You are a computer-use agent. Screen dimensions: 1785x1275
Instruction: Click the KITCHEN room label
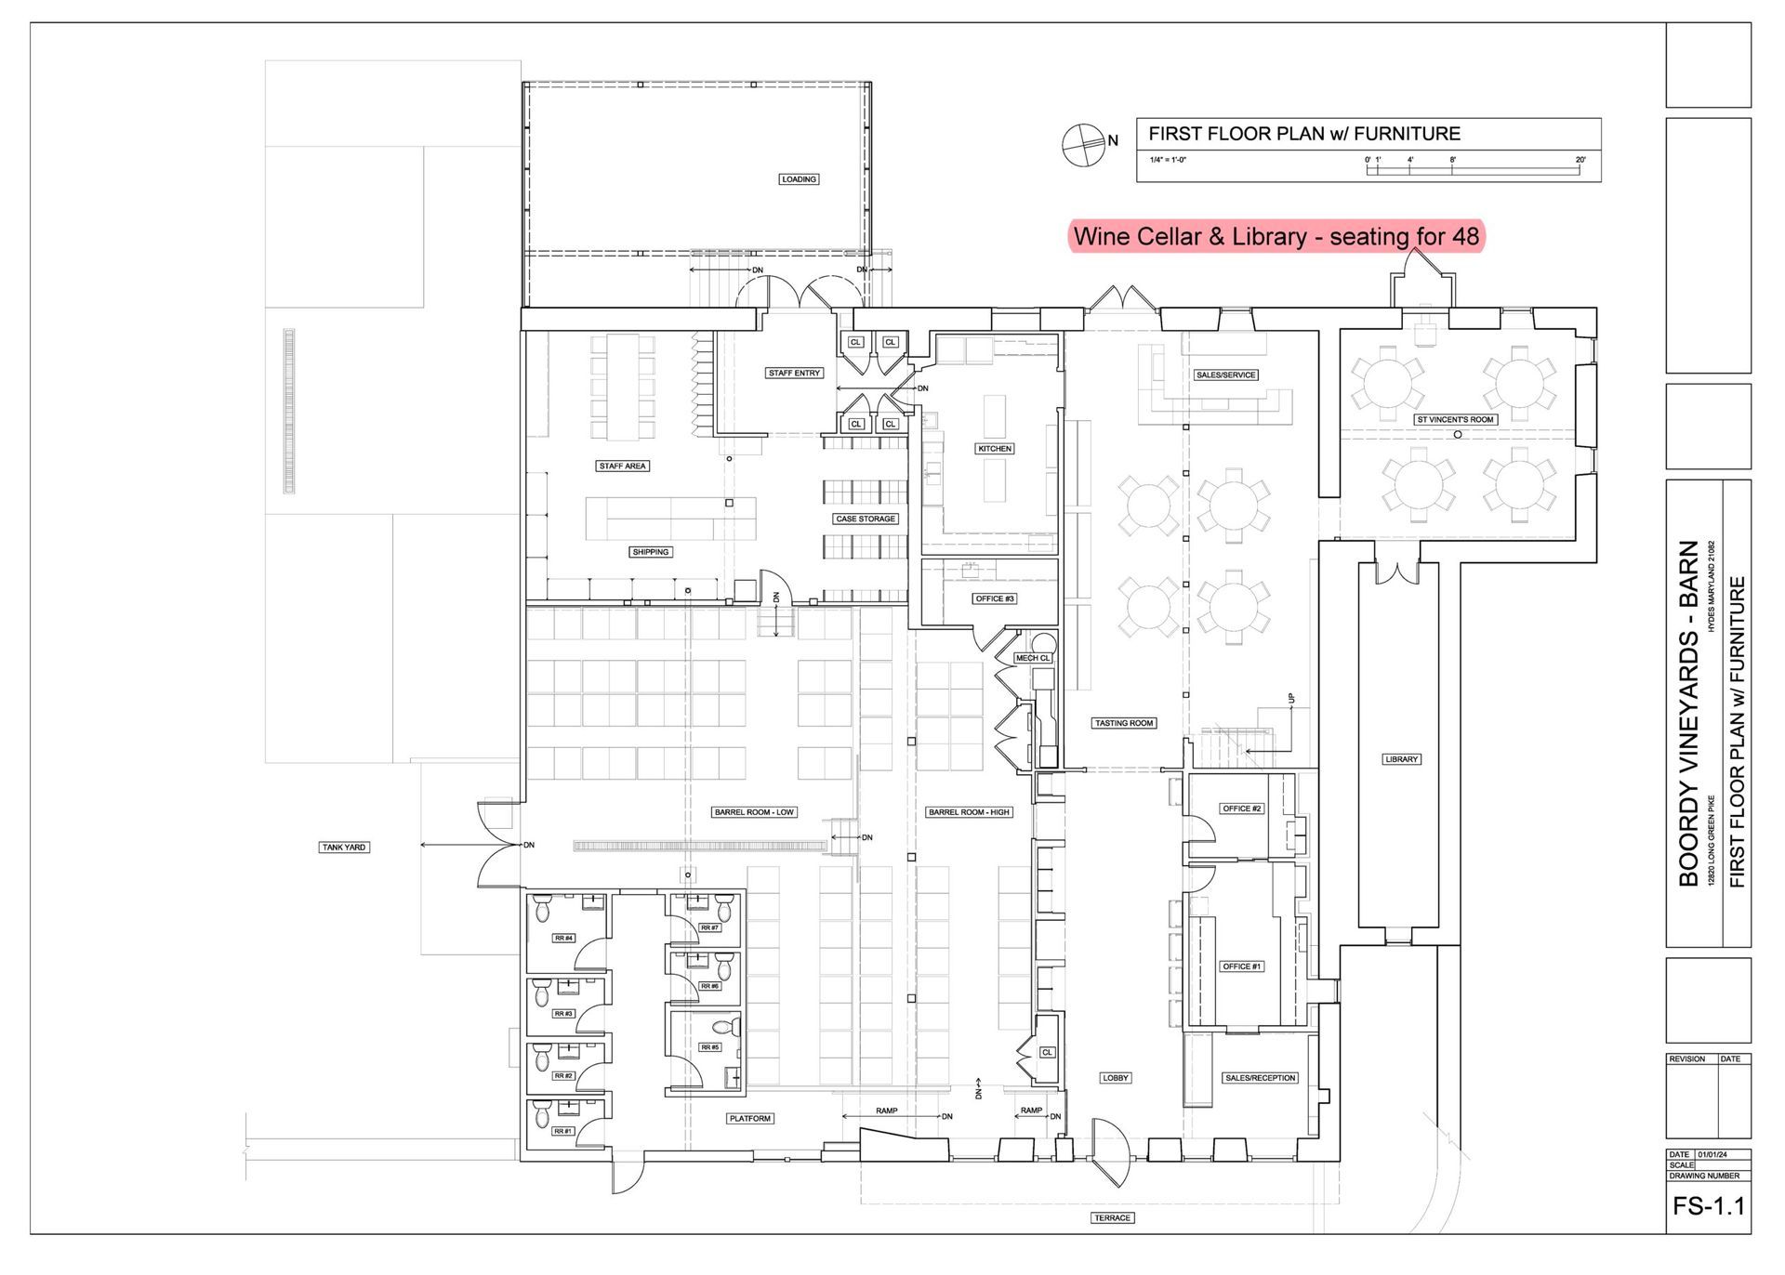995,449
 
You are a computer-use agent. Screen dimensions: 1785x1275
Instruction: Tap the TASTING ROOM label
1124,723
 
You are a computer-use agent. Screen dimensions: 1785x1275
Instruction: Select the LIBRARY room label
1401,759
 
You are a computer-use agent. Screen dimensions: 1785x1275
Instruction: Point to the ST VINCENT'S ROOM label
1455,420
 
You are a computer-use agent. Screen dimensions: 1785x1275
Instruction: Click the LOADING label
799,179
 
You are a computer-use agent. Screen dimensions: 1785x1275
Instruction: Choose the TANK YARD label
344,848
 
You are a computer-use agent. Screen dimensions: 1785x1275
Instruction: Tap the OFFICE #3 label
995,598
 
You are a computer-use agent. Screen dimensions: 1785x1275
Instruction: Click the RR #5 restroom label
710,1047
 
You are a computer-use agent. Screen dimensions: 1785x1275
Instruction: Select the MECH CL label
1033,658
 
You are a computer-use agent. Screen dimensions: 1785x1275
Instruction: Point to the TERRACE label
1113,1217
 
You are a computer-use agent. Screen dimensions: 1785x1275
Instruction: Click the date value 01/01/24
1712,1154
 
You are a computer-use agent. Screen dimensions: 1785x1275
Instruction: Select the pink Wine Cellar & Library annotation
1276,236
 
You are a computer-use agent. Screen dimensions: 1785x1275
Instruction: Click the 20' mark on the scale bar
1580,160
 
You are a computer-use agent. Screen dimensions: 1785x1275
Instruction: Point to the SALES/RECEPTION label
1260,1078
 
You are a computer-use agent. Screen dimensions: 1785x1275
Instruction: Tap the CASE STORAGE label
866,519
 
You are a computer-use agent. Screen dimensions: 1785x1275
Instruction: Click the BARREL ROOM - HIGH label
969,812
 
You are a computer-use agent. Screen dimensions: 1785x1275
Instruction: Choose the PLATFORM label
750,1119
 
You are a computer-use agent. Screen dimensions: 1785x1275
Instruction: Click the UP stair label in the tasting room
1291,699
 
